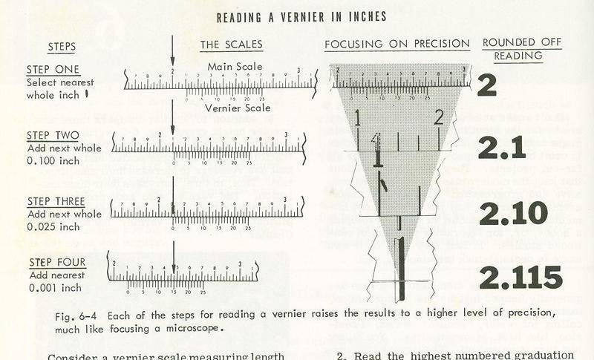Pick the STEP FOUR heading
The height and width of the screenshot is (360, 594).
click(58, 262)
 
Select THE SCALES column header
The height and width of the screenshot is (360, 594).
click(231, 45)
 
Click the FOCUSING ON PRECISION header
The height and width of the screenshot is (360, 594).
click(397, 45)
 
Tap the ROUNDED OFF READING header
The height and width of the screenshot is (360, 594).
click(522, 48)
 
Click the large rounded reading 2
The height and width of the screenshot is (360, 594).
click(486, 86)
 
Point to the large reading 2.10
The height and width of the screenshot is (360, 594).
click(512, 212)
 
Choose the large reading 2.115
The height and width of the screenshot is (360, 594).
click(520, 277)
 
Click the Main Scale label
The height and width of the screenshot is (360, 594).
click(235, 67)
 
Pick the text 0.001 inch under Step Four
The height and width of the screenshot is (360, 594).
click(50, 287)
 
